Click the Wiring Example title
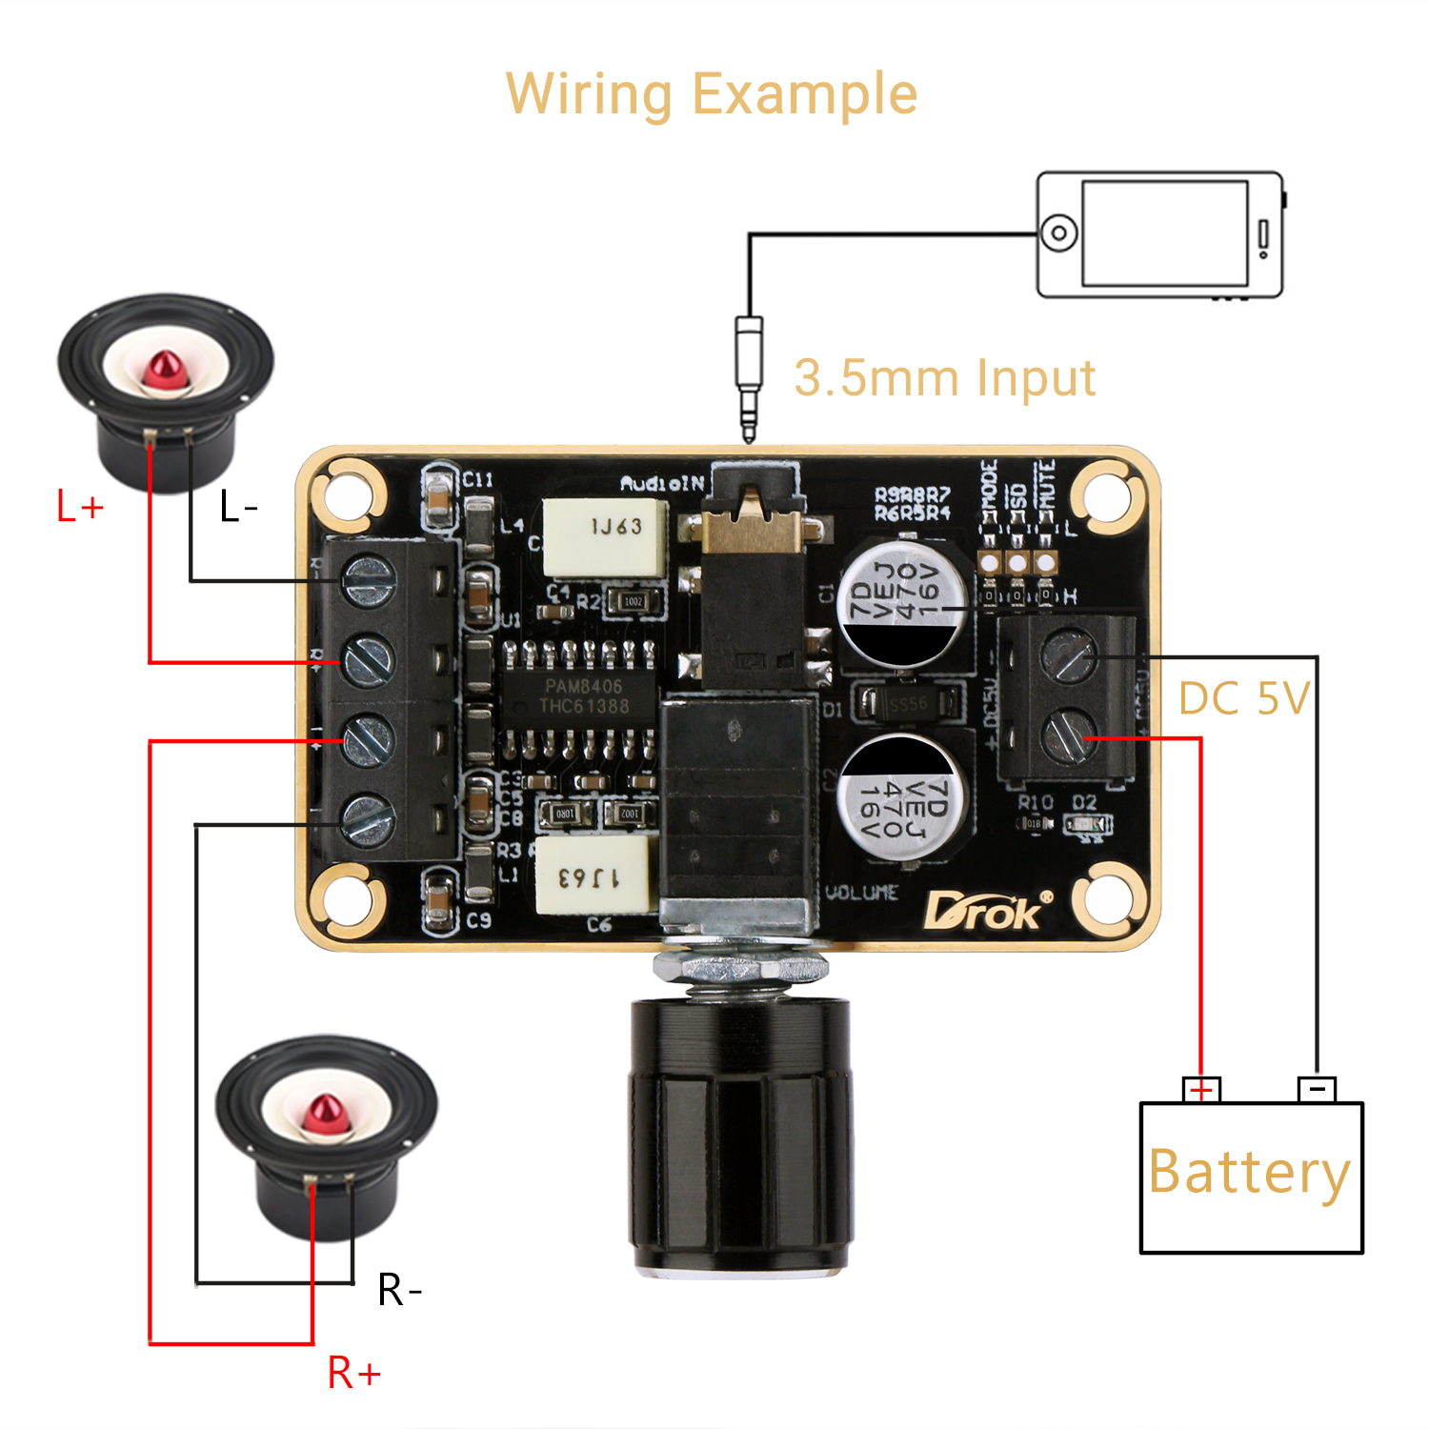pos(711,94)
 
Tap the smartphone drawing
pos(1159,234)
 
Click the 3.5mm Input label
pos(944,378)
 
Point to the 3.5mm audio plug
pos(749,376)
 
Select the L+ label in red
pos(79,507)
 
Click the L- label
pos(238,507)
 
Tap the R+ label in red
pos(353,1373)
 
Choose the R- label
pos(399,1290)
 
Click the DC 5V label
pos(1244,698)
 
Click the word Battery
pos(1249,1172)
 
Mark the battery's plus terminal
pos(1201,1090)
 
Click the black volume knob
pos(740,1134)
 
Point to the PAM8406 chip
pos(582,695)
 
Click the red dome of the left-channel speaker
pos(165,370)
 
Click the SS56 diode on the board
pos(906,704)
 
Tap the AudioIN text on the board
pos(661,484)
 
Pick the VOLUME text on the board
pos(861,893)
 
